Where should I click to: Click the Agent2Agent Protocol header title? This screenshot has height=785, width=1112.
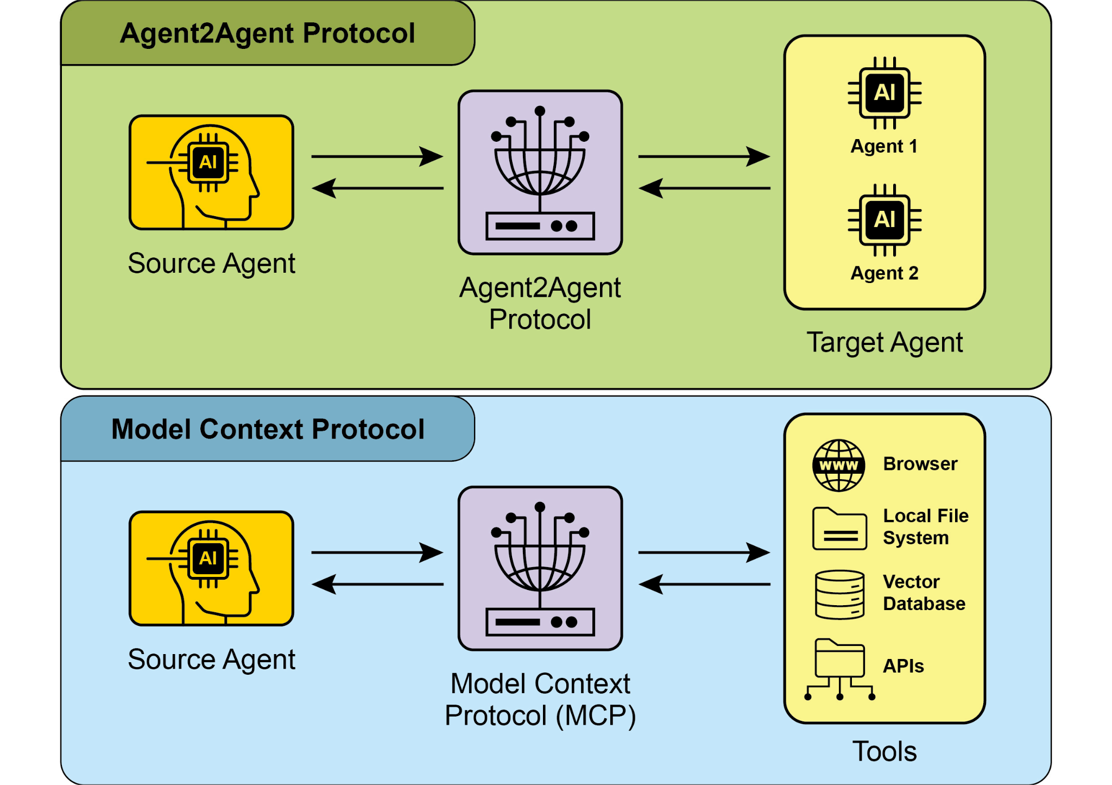(267, 34)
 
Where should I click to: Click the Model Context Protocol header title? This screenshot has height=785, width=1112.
(268, 429)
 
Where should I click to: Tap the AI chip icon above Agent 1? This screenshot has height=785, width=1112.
(884, 93)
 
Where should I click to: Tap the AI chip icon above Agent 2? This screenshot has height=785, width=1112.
(884, 220)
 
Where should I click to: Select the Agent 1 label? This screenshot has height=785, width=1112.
(884, 146)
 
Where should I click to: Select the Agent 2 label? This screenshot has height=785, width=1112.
(884, 273)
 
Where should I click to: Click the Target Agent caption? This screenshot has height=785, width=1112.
(884, 342)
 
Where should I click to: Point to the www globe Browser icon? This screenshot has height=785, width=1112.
(838, 466)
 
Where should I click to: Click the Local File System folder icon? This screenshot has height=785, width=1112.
(839, 529)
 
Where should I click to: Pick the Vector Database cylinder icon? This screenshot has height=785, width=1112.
(839, 594)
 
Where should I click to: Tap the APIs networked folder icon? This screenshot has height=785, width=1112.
(839, 668)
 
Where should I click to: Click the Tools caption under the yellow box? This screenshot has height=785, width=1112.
(884, 752)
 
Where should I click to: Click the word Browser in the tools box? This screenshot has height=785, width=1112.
(920, 464)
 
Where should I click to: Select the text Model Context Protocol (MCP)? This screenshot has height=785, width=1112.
(540, 699)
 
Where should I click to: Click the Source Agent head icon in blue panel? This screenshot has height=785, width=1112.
(211, 568)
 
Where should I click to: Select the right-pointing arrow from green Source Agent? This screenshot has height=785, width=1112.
(377, 156)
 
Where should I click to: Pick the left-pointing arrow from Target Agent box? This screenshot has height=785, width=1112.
(704, 189)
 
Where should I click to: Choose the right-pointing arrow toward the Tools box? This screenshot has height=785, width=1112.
(704, 552)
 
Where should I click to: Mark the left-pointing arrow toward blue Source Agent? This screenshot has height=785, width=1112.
(377, 585)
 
